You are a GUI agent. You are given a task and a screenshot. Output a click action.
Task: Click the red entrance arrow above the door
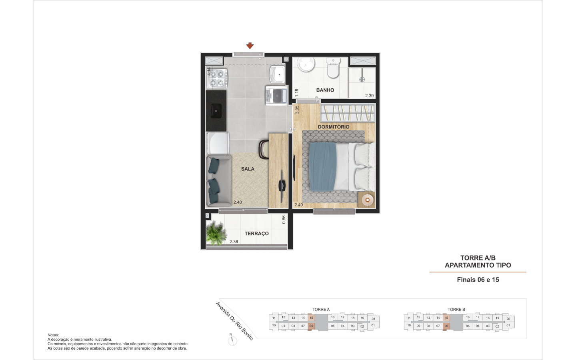[250, 46]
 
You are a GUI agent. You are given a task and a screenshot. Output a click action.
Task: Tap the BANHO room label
[325, 90]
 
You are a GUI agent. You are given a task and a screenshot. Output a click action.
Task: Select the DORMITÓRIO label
[334, 127]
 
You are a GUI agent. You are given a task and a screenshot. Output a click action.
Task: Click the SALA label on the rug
[248, 169]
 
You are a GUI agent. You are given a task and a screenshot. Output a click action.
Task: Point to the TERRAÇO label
[256, 234]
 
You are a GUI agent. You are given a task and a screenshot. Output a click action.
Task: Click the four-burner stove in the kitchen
[217, 78]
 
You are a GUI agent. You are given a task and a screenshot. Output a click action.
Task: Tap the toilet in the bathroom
[333, 68]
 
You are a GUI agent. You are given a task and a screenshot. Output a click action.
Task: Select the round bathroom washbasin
[306, 64]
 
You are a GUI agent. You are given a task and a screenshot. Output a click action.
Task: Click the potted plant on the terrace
[216, 233]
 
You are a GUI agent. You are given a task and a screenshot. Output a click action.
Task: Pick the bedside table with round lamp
[367, 200]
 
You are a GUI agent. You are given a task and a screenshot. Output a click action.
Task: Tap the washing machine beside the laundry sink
[276, 95]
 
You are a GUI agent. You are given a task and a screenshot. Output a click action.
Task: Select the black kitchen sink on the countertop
[216, 111]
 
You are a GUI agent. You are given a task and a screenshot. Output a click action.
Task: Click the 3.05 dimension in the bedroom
[297, 110]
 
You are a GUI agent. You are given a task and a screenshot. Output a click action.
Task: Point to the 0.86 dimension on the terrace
[284, 219]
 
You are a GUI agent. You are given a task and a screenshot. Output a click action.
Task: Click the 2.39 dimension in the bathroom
[369, 96]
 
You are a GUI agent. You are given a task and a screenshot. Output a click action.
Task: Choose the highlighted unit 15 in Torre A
[311, 318]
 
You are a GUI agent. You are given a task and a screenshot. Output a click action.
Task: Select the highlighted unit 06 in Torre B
[446, 326]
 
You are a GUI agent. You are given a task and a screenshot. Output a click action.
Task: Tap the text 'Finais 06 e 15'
[478, 280]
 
